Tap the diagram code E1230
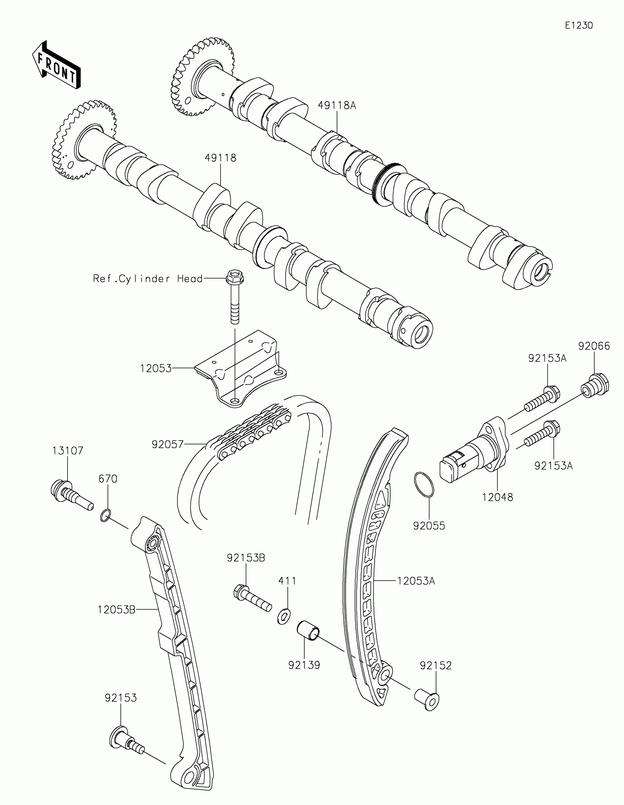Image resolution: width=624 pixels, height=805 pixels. click(x=578, y=25)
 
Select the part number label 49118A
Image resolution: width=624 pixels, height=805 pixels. click(x=337, y=106)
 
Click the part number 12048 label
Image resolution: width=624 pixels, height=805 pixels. click(x=497, y=497)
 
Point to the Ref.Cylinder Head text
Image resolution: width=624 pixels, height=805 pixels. click(x=148, y=279)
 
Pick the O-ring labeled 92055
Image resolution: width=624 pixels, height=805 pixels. click(x=424, y=485)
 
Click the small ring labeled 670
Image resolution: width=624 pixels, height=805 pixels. click(x=105, y=515)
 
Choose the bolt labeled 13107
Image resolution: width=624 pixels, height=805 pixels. click(x=70, y=494)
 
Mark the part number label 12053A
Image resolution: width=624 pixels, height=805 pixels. click(x=416, y=581)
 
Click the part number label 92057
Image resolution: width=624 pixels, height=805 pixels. click(x=167, y=445)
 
